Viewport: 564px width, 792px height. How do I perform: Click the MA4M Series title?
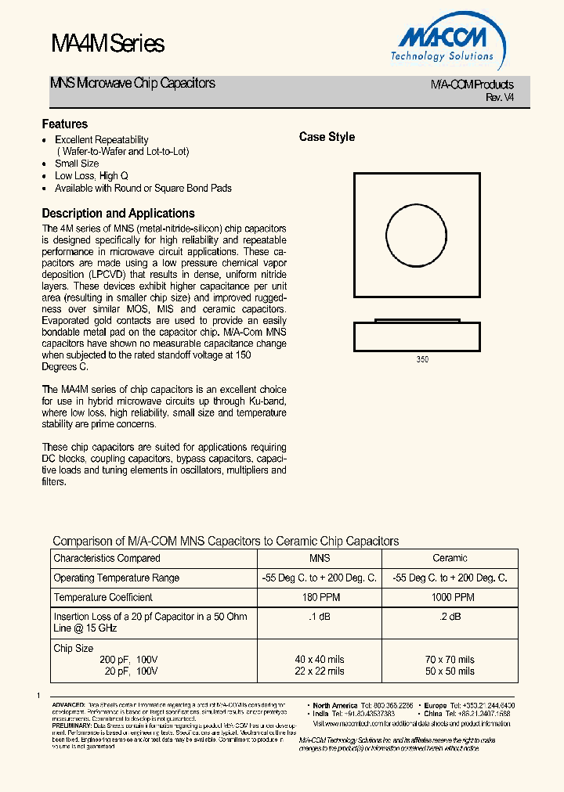pyautogui.click(x=107, y=44)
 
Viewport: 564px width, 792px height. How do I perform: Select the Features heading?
pyautogui.click(x=64, y=124)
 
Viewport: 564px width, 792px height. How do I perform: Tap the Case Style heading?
pyautogui.click(x=327, y=137)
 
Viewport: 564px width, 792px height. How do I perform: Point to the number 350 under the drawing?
pyautogui.click(x=422, y=359)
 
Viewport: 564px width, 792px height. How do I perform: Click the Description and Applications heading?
pyautogui.click(x=117, y=213)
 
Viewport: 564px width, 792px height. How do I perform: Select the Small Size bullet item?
pyautogui.click(x=77, y=164)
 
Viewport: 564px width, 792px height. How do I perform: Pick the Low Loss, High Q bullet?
pyautogui.click(x=91, y=176)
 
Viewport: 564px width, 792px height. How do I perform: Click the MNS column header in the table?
pyautogui.click(x=320, y=558)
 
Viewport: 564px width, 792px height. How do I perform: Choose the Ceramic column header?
pyautogui.click(x=450, y=558)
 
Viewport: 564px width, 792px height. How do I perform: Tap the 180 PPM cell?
pyautogui.click(x=320, y=597)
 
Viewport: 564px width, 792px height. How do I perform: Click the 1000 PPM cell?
pyautogui.click(x=450, y=597)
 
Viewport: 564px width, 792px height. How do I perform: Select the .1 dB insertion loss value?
pyautogui.click(x=320, y=617)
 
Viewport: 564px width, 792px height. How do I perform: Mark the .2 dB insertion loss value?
pyautogui.click(x=450, y=617)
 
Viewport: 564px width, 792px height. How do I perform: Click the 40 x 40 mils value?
pyautogui.click(x=320, y=660)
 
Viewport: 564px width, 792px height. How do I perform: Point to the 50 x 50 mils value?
pyautogui.click(x=450, y=671)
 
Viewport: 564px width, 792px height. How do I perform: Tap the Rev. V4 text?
pyautogui.click(x=500, y=97)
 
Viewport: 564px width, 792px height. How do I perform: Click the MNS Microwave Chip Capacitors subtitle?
pyautogui.click(x=132, y=83)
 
